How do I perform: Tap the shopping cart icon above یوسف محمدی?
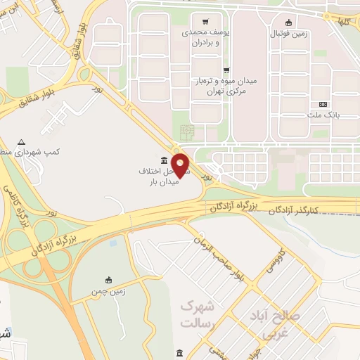[205, 21]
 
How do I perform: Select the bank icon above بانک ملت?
[323, 103]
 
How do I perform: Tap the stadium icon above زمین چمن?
[108, 280]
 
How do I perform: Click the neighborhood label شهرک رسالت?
[197, 314]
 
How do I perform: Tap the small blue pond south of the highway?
[113, 243]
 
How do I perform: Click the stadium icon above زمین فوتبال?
[289, 22]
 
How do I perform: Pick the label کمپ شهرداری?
[53, 152]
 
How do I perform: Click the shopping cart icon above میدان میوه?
[226, 70]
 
